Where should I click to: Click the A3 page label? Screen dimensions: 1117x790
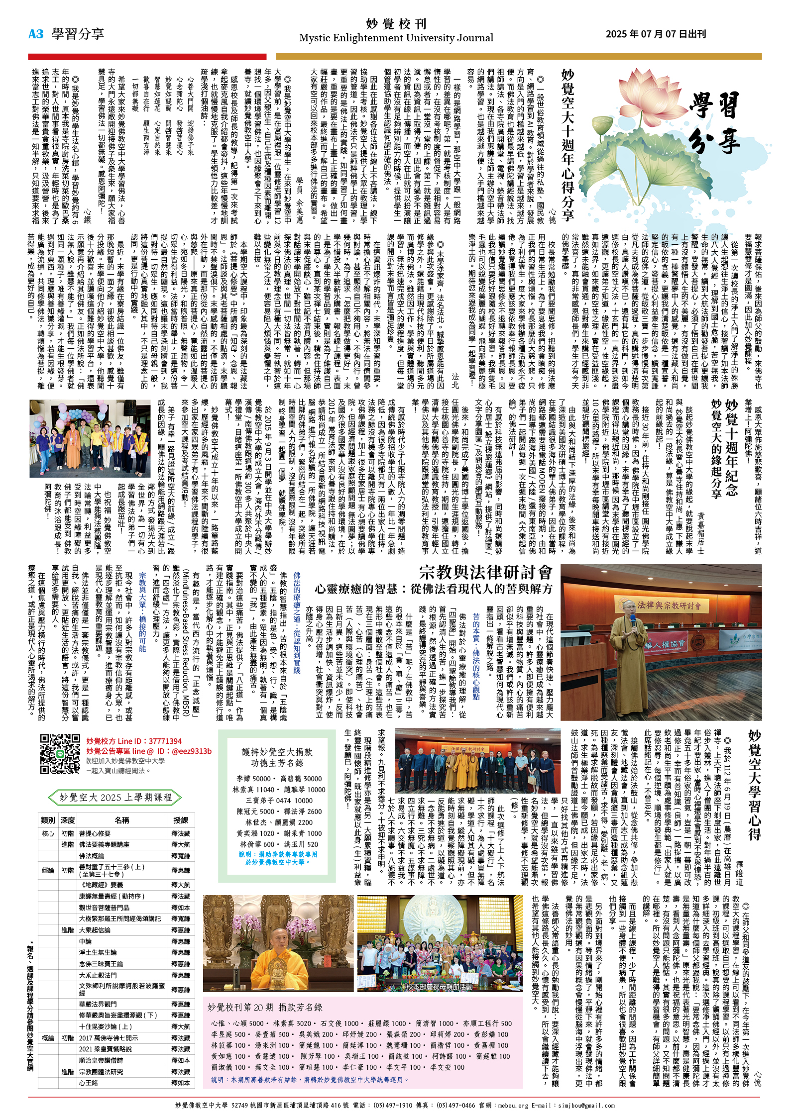(x=36, y=34)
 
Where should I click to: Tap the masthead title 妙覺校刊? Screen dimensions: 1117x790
(x=396, y=23)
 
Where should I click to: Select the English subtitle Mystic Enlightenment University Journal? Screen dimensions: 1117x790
(x=396, y=38)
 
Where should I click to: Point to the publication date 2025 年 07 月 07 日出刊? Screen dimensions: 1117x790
(x=656, y=34)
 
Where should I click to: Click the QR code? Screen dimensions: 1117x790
(x=60, y=754)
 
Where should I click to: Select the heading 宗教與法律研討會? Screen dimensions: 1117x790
(x=485, y=572)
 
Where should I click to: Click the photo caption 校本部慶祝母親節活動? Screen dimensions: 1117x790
(x=440, y=987)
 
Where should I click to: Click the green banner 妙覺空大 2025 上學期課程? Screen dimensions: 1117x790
(x=115, y=797)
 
